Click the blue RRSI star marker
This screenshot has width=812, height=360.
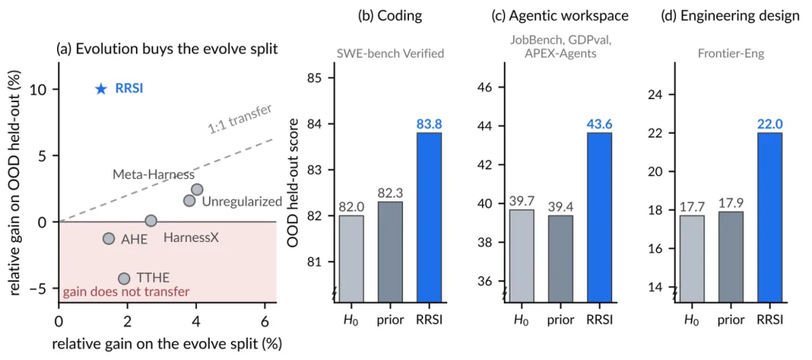(101, 89)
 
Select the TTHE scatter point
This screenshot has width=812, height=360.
(124, 279)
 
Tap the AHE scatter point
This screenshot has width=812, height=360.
(108, 238)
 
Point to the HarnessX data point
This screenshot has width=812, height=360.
(150, 221)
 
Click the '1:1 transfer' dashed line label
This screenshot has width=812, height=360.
(241, 119)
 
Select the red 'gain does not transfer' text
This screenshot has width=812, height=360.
(126, 292)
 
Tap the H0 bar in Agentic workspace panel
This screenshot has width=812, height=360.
(523, 255)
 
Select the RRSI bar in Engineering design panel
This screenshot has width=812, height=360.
(769, 216)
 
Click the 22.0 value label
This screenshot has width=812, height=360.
(770, 124)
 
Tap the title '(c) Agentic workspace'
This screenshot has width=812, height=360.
(560, 16)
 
